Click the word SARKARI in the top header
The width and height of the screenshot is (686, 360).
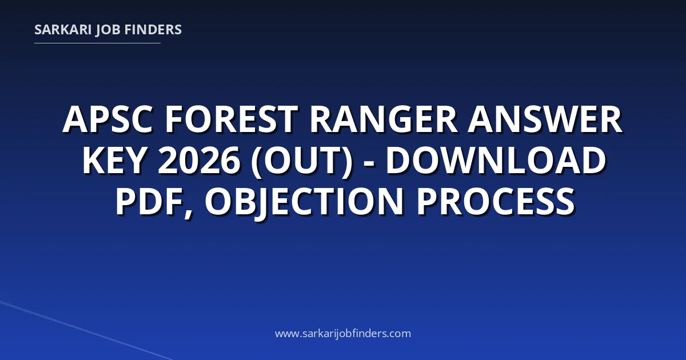click(x=63, y=30)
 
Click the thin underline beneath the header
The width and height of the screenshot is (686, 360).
click(x=97, y=43)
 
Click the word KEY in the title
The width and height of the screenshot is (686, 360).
click(x=113, y=160)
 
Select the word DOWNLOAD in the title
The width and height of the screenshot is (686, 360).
click(x=496, y=160)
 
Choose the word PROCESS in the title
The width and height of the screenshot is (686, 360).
click(x=496, y=201)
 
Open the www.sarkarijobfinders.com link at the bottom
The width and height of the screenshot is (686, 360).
click(x=343, y=333)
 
